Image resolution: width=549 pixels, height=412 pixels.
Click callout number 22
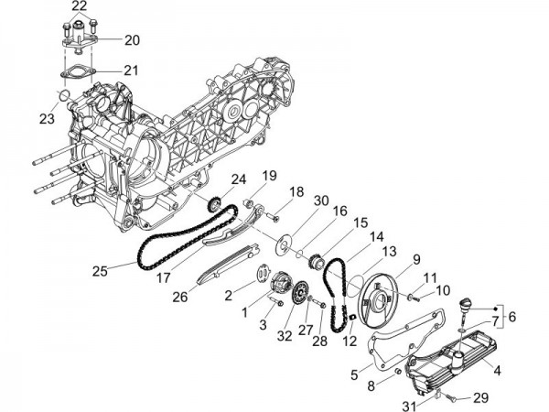pos(81,7)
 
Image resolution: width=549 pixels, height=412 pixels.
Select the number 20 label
pos(132,39)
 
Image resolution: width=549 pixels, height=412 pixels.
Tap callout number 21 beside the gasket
pos(132,70)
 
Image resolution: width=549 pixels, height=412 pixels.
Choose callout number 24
pos(238,179)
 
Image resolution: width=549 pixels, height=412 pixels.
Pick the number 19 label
pos(269,176)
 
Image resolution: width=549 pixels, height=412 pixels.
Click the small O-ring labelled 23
pos(63,97)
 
